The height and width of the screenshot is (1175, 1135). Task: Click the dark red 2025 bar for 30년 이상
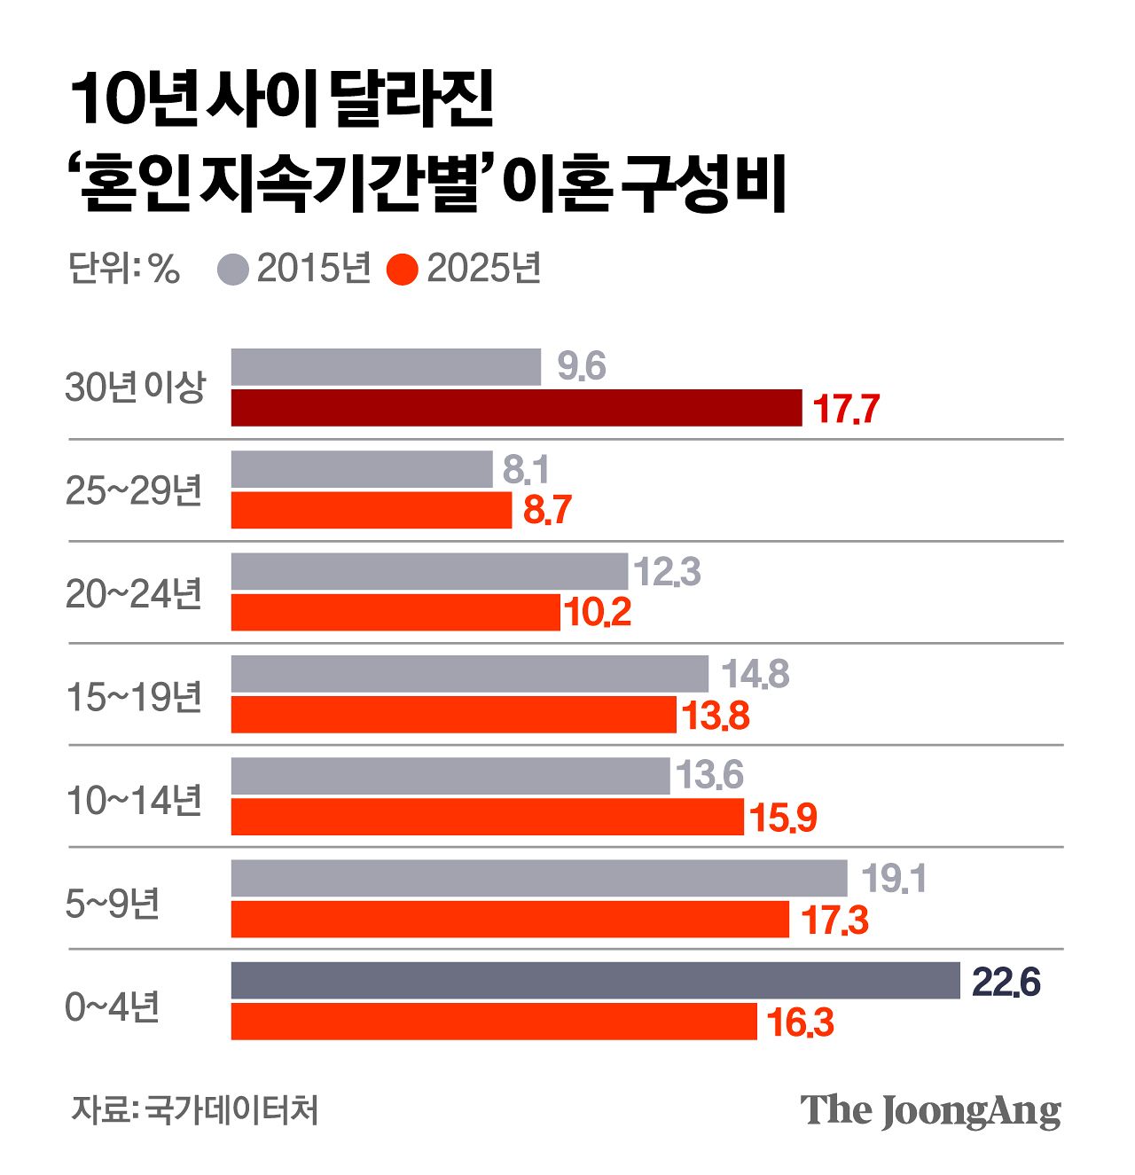[x=516, y=408]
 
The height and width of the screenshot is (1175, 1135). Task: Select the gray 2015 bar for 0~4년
[x=595, y=981]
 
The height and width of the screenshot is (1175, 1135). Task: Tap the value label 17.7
[x=846, y=410]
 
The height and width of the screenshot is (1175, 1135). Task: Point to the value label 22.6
[x=1006, y=983]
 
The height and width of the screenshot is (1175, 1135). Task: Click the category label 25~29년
[x=135, y=490]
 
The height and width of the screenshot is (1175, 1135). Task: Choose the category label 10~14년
[x=135, y=800]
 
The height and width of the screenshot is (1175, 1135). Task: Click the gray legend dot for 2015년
[x=233, y=270]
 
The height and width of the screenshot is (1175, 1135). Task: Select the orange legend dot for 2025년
[x=403, y=270]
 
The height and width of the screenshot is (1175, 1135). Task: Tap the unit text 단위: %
[x=124, y=269]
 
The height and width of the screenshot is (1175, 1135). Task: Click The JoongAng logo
[x=930, y=1110]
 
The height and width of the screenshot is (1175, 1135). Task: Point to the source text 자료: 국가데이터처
[x=194, y=1109]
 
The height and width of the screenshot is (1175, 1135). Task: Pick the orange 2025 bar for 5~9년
[x=510, y=919]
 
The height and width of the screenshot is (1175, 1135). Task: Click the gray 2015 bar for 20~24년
[x=429, y=571]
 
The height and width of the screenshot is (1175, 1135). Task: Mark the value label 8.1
[x=526, y=470]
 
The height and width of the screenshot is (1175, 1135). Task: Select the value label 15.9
[x=783, y=818]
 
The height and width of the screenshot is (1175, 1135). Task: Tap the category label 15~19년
[x=135, y=698]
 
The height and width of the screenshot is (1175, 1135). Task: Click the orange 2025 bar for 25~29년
[x=372, y=510]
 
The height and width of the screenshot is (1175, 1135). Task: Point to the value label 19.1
[x=893, y=879]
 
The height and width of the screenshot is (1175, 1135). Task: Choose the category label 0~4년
[x=113, y=1007]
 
